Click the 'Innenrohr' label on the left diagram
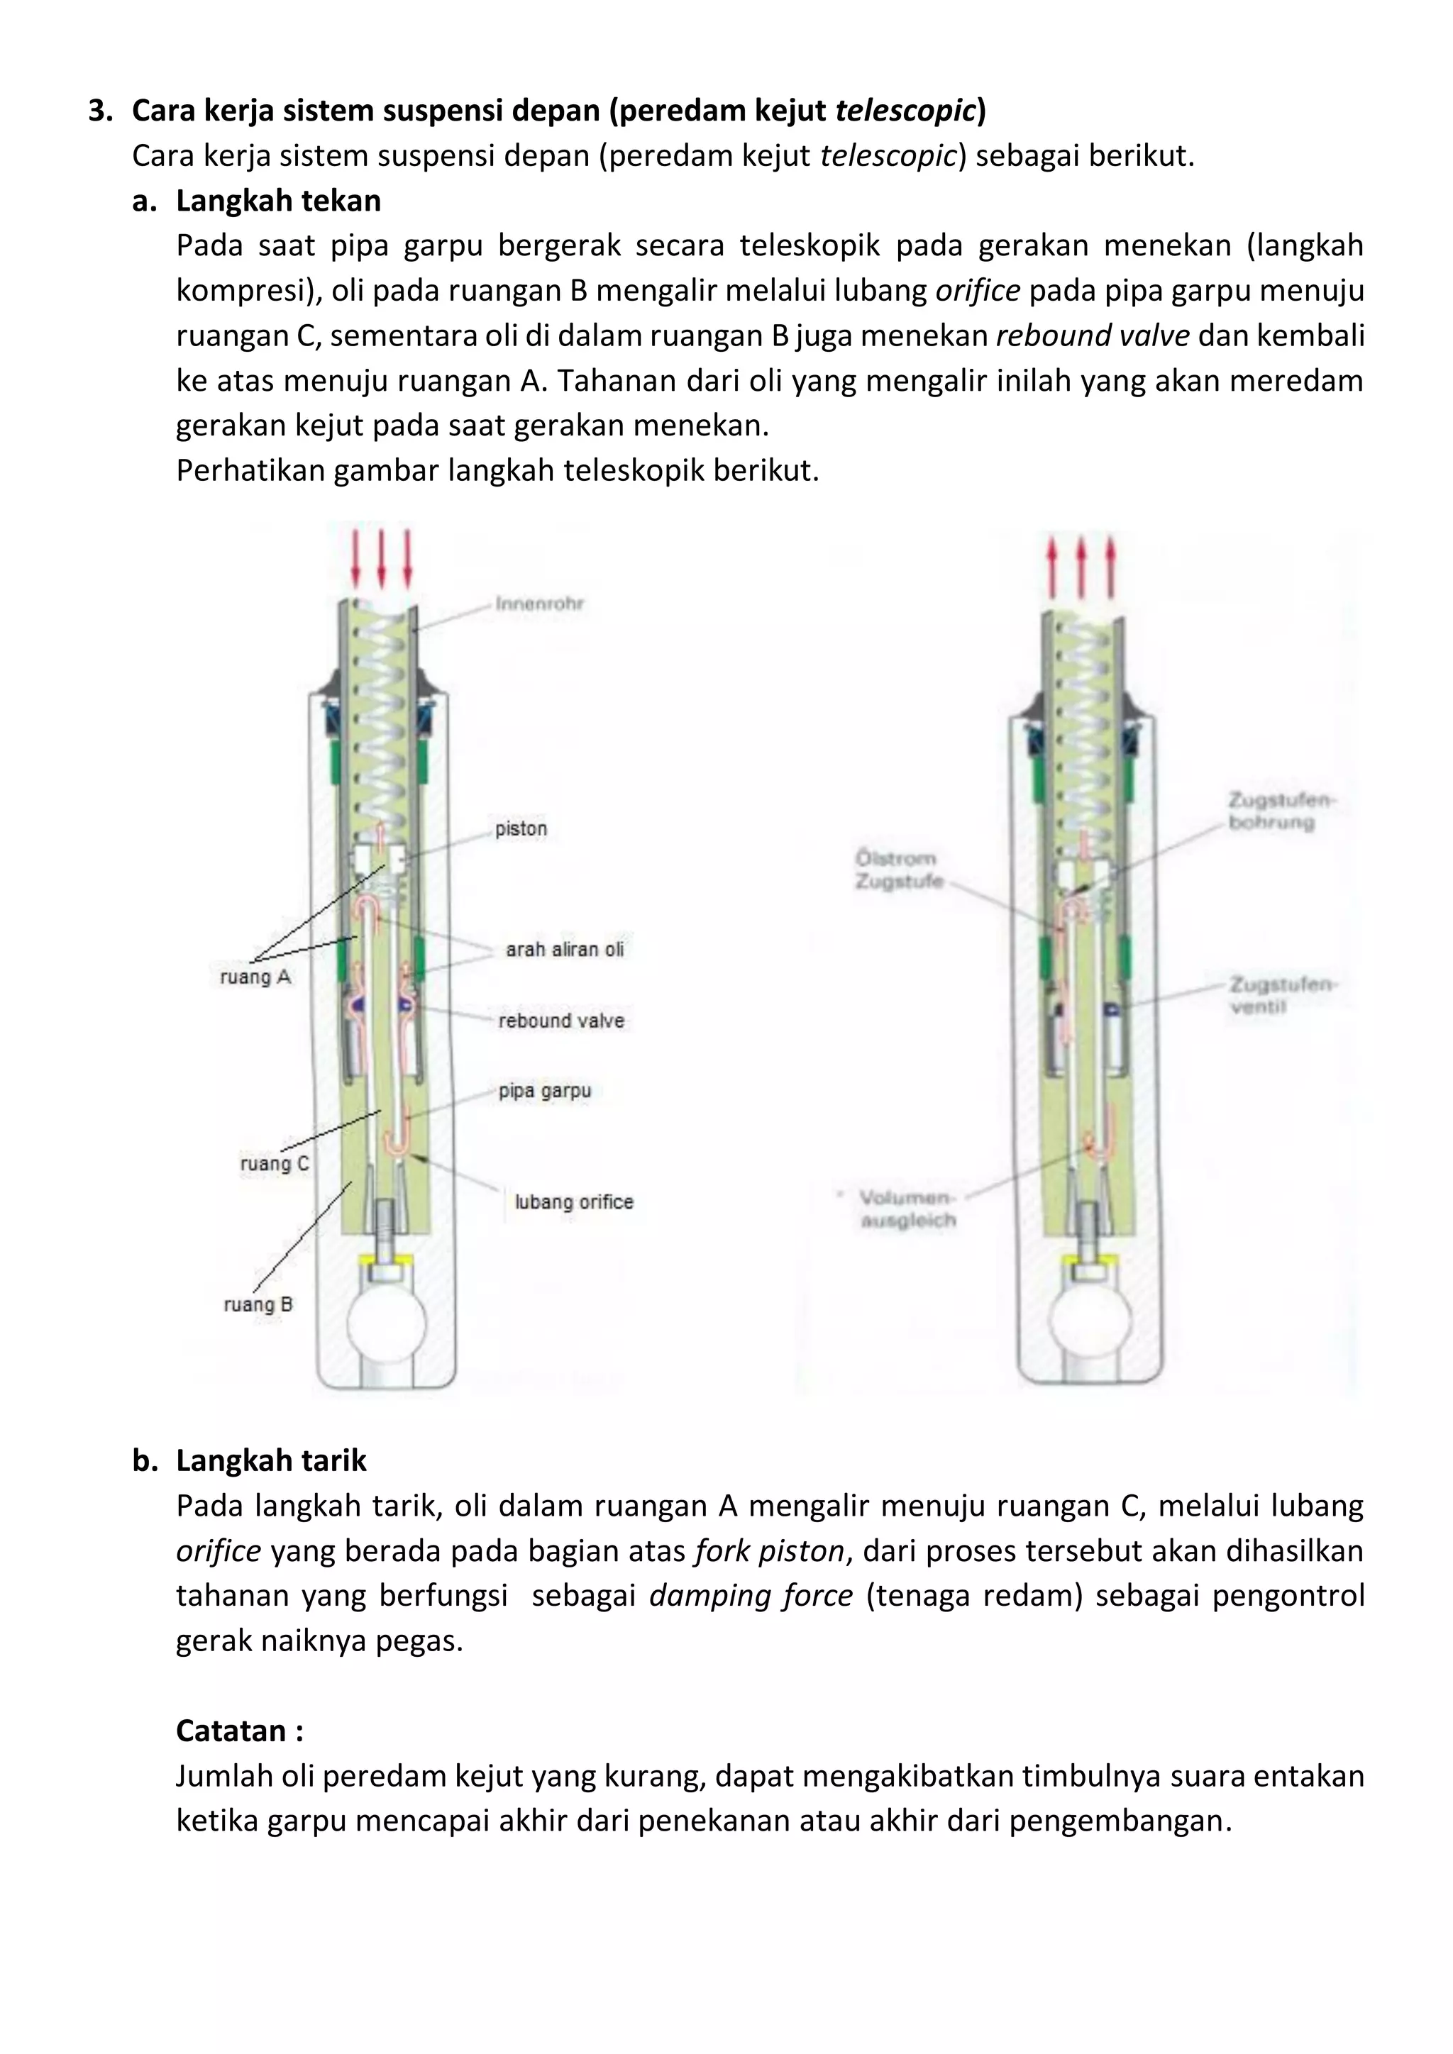pyautogui.click(x=538, y=604)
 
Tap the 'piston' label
pyautogui.click(x=521, y=828)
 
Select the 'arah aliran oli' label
pyautogui.click(x=563, y=949)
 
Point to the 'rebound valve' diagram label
pyautogui.click(x=561, y=1020)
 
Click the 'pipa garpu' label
pyautogui.click(x=544, y=1091)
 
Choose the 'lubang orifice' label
pyautogui.click(x=573, y=1201)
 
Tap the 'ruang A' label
pyautogui.click(x=255, y=977)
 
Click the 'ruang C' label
pyautogui.click(x=274, y=1164)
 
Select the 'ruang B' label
pyautogui.click(x=258, y=1304)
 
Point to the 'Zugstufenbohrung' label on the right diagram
pyautogui.click(x=1278, y=811)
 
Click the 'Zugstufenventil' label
pyautogui.click(x=1281, y=995)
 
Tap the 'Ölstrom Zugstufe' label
pyautogui.click(x=897, y=870)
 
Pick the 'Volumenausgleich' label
pyautogui.click(x=906, y=1209)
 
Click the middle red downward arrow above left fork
pyautogui.click(x=382, y=558)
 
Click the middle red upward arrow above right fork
pyautogui.click(x=1081, y=567)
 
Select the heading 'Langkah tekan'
pyautogui.click(x=278, y=201)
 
